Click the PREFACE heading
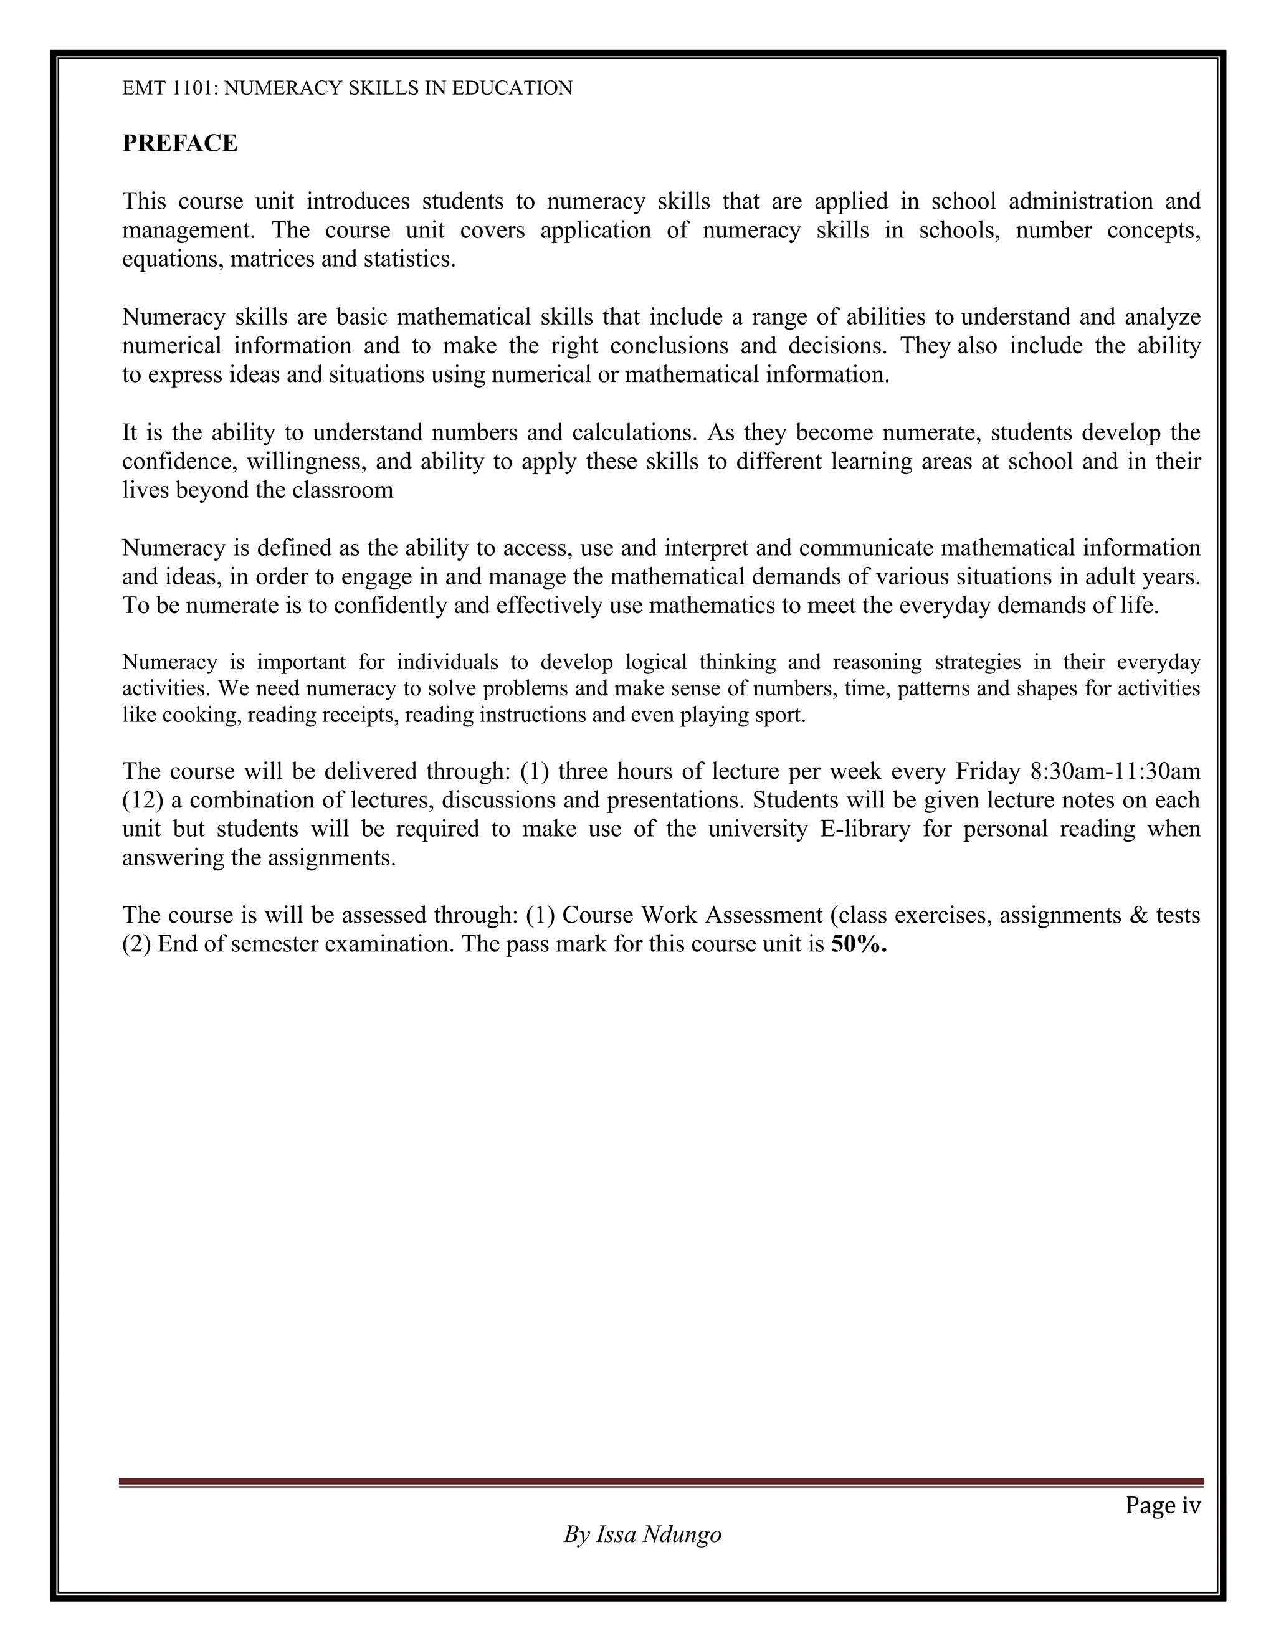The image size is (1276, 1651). pyautogui.click(x=180, y=143)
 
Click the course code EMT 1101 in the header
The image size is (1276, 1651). pyautogui.click(x=169, y=88)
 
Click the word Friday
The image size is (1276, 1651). pyautogui.click(x=986, y=771)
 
